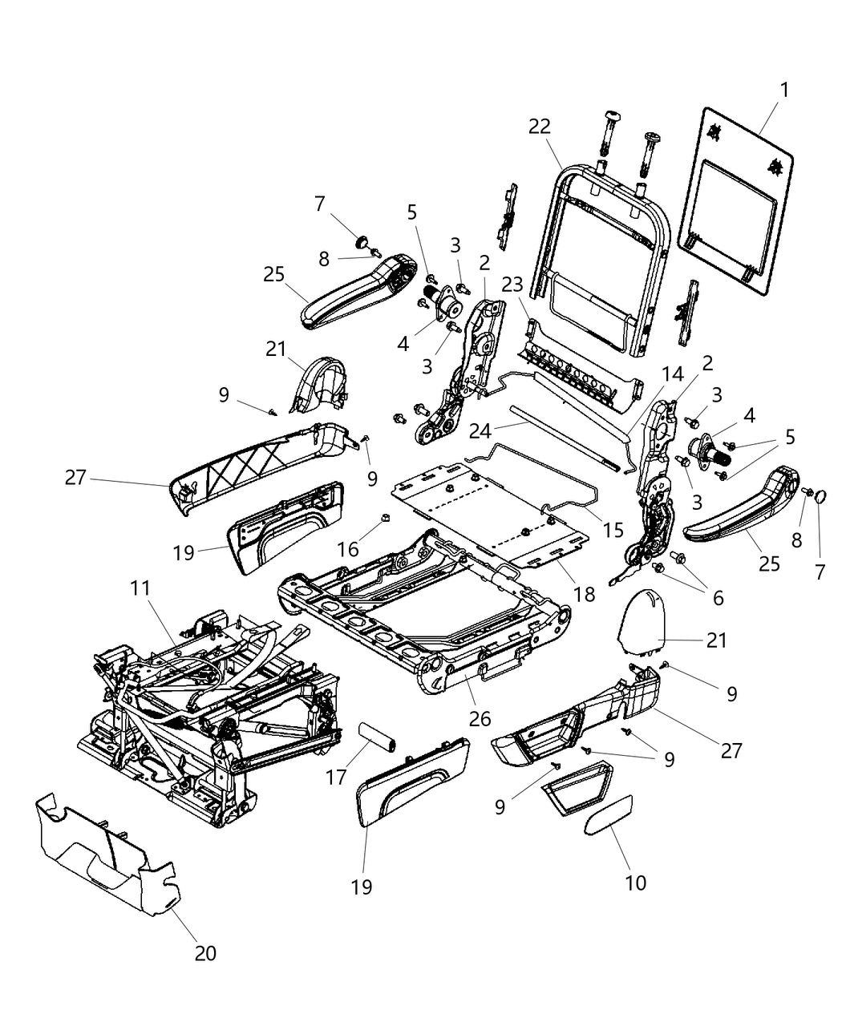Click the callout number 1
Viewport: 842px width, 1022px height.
click(x=784, y=91)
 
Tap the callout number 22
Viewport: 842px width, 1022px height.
click(x=540, y=127)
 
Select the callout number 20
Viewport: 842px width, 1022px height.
click(x=204, y=953)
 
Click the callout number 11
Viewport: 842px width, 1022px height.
click(x=140, y=588)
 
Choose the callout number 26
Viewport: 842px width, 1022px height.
click(x=480, y=719)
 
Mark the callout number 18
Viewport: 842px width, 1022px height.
click(x=584, y=593)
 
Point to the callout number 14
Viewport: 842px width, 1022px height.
click(x=672, y=373)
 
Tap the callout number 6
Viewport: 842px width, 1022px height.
click(x=716, y=597)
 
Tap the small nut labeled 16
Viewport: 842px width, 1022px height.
click(x=383, y=516)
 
